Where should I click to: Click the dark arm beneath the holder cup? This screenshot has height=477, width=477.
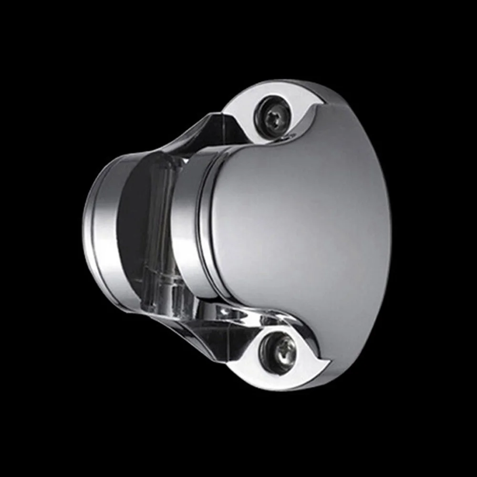(x=210, y=334)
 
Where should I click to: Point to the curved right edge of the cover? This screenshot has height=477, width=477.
(x=388, y=229)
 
